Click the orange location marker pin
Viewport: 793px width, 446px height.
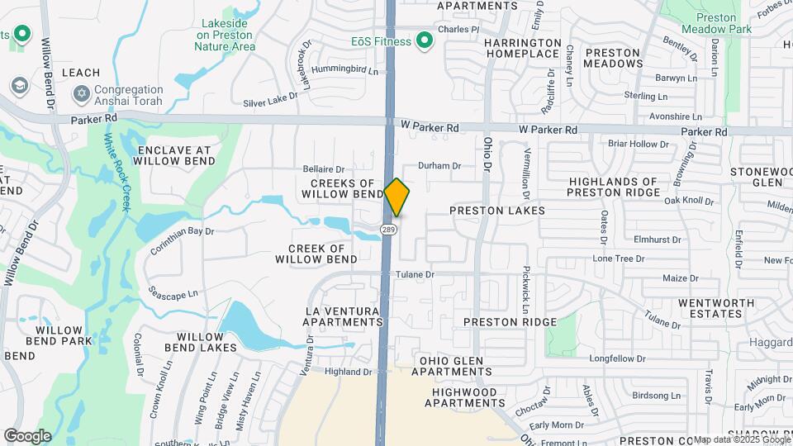pos(397,197)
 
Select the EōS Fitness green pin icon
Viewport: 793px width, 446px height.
pos(425,40)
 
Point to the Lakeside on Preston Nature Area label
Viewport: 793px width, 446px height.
pos(225,36)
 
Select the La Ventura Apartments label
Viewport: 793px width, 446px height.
pos(344,316)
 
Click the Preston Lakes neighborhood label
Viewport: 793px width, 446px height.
pos(497,211)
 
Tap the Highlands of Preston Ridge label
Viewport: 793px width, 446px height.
pos(613,187)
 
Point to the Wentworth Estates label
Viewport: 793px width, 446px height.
pos(710,308)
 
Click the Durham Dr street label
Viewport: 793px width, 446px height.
pos(439,166)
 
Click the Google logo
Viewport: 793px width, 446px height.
pos(27,436)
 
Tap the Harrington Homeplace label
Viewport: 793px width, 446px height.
pos(522,48)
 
